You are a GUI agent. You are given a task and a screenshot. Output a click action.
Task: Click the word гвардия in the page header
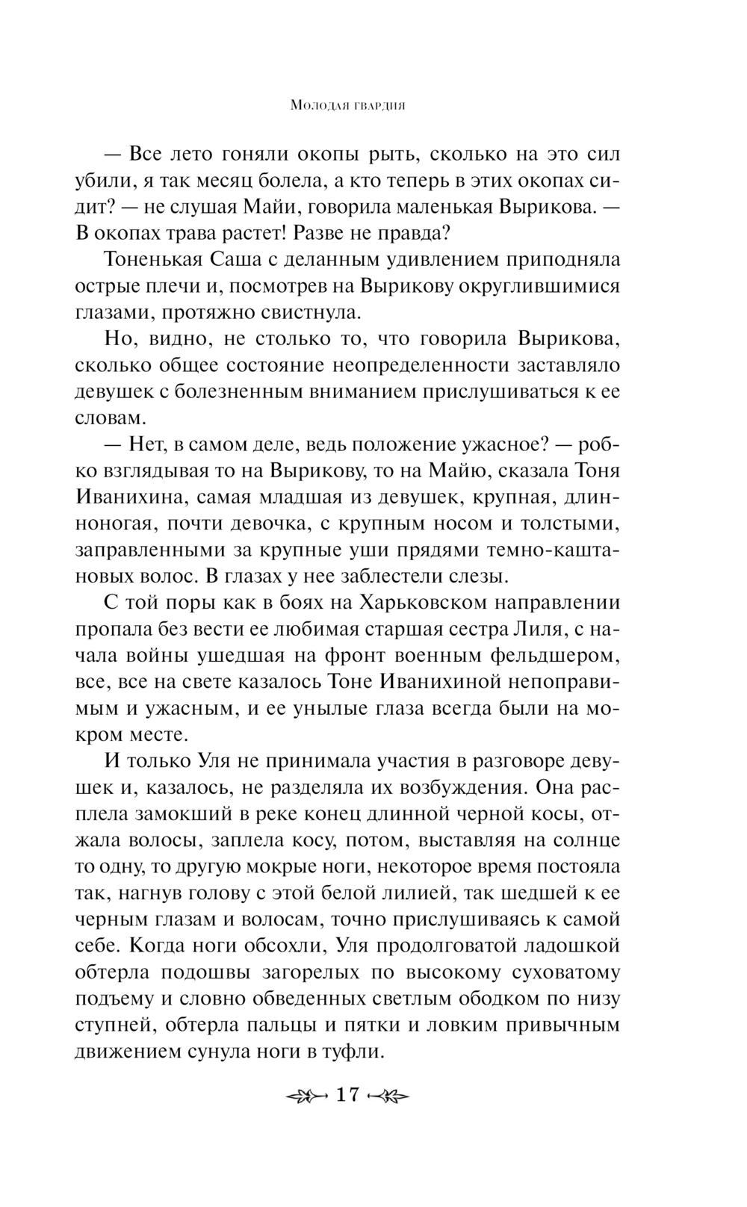point(376,107)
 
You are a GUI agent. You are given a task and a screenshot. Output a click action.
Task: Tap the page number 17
point(348,1095)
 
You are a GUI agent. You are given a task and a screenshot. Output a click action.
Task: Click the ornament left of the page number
point(306,1096)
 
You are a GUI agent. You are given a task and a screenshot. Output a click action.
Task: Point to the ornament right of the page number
point(390,1096)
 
